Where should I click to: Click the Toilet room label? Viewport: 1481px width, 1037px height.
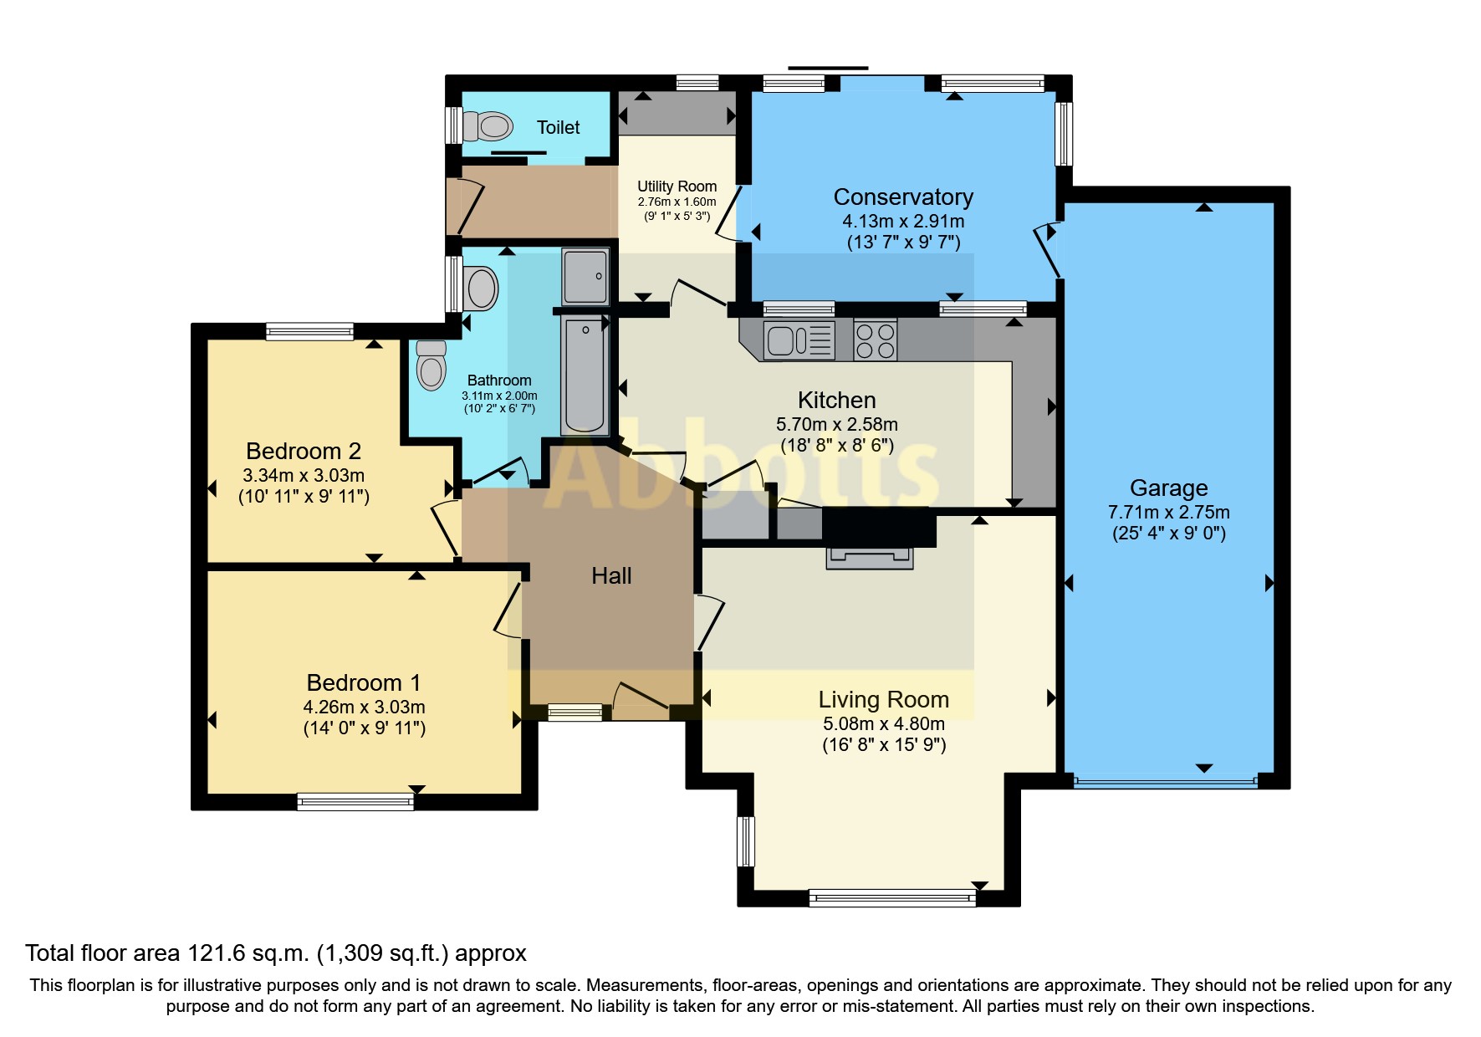pos(558,127)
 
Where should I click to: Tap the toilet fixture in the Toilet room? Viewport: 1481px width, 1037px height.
pos(488,126)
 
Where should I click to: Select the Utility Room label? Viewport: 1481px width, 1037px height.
pos(677,186)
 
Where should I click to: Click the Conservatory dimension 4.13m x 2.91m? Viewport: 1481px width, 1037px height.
pos(903,222)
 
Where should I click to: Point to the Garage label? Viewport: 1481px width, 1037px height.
pos(1168,488)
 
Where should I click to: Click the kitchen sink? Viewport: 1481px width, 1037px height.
pos(799,340)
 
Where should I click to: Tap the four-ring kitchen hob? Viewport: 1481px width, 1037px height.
pos(876,340)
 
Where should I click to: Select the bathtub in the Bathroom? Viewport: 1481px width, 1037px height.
pos(585,374)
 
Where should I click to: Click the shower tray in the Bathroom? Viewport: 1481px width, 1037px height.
pos(585,276)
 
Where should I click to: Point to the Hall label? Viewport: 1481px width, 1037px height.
pos(611,575)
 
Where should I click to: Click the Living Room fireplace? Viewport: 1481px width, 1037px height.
pos(870,558)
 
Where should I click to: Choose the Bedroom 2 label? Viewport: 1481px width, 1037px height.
pos(304,451)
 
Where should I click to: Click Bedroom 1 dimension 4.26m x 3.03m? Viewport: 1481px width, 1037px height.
pos(364,708)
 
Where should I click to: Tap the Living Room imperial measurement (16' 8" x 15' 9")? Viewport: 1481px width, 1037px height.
pos(884,744)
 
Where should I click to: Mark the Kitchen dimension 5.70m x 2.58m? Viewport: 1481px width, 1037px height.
pos(836,425)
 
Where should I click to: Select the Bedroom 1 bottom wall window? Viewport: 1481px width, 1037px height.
pos(355,802)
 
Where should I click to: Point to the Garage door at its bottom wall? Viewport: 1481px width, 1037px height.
pos(1165,782)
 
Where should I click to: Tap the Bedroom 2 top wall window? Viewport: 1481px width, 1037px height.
pos(309,331)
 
